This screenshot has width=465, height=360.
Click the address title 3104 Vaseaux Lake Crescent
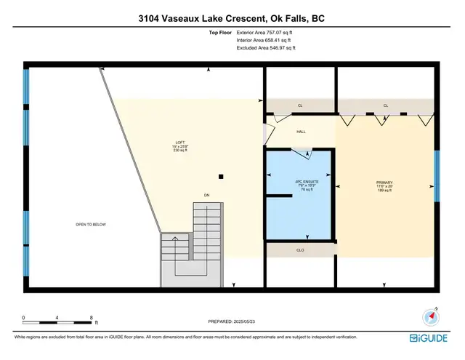coord(232,18)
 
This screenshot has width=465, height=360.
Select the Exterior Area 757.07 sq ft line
coord(266,33)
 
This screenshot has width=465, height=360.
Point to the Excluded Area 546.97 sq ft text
coord(266,47)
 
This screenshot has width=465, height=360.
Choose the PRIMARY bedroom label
coord(384,183)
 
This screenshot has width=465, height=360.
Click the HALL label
coord(300,132)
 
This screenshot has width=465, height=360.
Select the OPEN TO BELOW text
coord(91,225)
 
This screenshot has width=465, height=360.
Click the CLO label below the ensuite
coord(300,250)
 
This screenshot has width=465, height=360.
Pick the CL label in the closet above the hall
coord(299,105)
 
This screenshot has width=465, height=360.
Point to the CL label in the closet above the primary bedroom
coord(386,105)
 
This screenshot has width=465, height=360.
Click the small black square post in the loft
coord(222,176)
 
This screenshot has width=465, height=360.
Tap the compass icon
coord(432,316)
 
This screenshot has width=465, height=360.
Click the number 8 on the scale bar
coord(92,318)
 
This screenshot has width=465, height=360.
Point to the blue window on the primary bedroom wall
coord(437,176)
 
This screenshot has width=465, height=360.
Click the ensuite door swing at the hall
coord(302,152)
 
